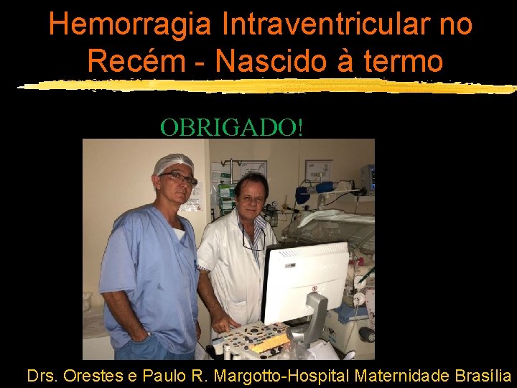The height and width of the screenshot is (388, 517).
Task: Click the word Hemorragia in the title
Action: pyautogui.click(x=130, y=24)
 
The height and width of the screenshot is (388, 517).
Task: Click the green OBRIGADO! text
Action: pyautogui.click(x=232, y=127)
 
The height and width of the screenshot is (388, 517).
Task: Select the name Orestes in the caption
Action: pyautogui.click(x=91, y=375)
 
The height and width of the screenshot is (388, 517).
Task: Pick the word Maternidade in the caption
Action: pyautogui.click(x=404, y=375)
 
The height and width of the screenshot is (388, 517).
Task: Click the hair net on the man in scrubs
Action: pyautogui.click(x=173, y=165)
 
